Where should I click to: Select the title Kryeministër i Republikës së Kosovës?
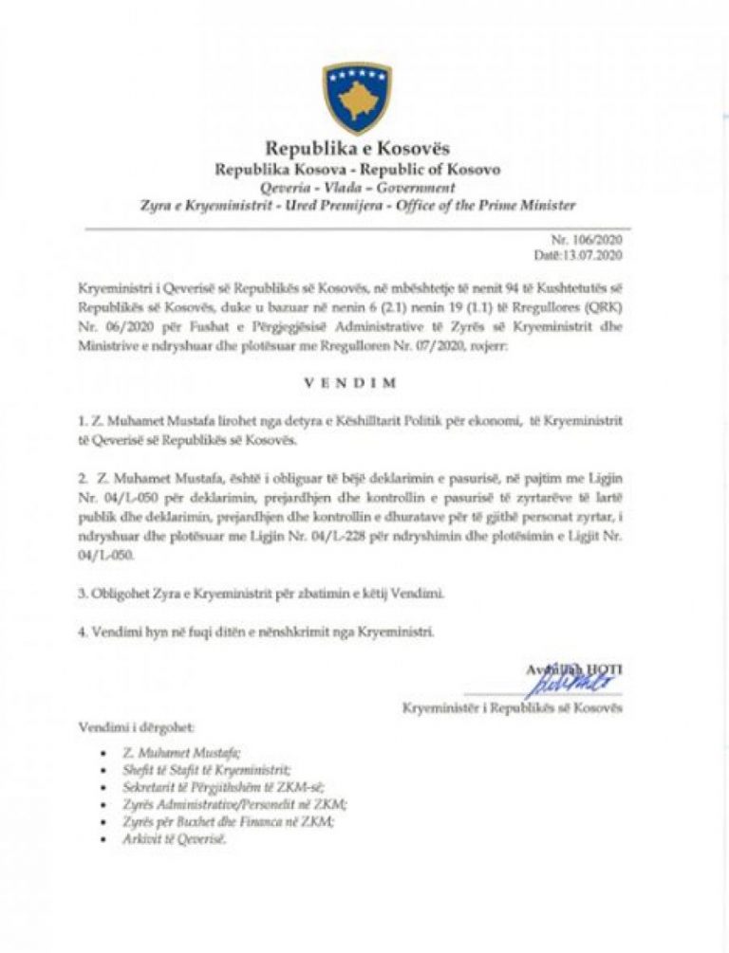[513, 707]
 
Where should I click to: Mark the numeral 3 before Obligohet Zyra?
[83, 594]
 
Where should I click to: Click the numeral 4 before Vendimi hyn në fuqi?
[83, 632]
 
